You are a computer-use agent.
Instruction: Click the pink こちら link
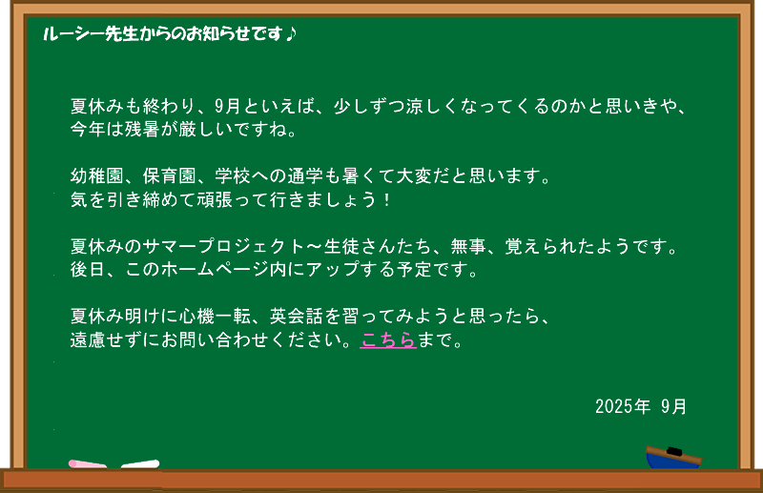pos(388,340)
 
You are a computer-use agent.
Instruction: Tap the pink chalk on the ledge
pos(88,463)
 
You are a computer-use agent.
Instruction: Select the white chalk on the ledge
pos(140,463)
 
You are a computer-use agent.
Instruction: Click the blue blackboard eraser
pos(673,457)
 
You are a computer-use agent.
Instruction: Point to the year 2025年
pos(623,406)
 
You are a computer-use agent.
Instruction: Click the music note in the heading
pos(291,33)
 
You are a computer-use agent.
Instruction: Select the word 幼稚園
pos(97,175)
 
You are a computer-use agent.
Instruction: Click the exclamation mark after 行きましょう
pos(387,199)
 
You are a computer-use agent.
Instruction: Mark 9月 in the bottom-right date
pos(673,406)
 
